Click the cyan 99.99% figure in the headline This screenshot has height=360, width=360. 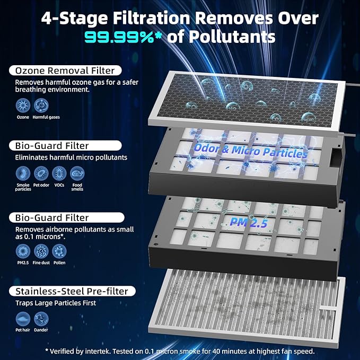(x=119, y=37)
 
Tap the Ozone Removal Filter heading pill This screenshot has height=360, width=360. (x=65, y=71)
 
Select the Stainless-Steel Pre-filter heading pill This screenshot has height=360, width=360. (x=72, y=291)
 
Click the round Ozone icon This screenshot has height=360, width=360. (x=23, y=106)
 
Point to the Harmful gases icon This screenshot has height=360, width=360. (x=41, y=106)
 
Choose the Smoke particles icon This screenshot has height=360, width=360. (x=23, y=173)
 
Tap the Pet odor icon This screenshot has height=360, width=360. (x=41, y=173)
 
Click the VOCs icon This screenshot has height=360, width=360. (x=59, y=173)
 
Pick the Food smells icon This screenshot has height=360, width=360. (x=77, y=173)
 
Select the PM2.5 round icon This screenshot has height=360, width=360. (x=23, y=251)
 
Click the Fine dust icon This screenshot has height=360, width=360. (x=41, y=251)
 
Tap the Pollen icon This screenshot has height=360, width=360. (x=59, y=251)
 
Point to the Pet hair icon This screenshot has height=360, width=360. (x=23, y=319)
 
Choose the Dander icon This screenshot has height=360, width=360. (x=41, y=319)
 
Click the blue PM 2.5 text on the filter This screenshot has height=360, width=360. (x=249, y=222)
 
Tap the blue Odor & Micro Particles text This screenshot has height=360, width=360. (x=251, y=151)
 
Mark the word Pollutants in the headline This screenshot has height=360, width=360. (x=232, y=37)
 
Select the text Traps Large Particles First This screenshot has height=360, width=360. (x=56, y=303)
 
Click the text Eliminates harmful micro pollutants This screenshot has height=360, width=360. (x=71, y=157)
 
